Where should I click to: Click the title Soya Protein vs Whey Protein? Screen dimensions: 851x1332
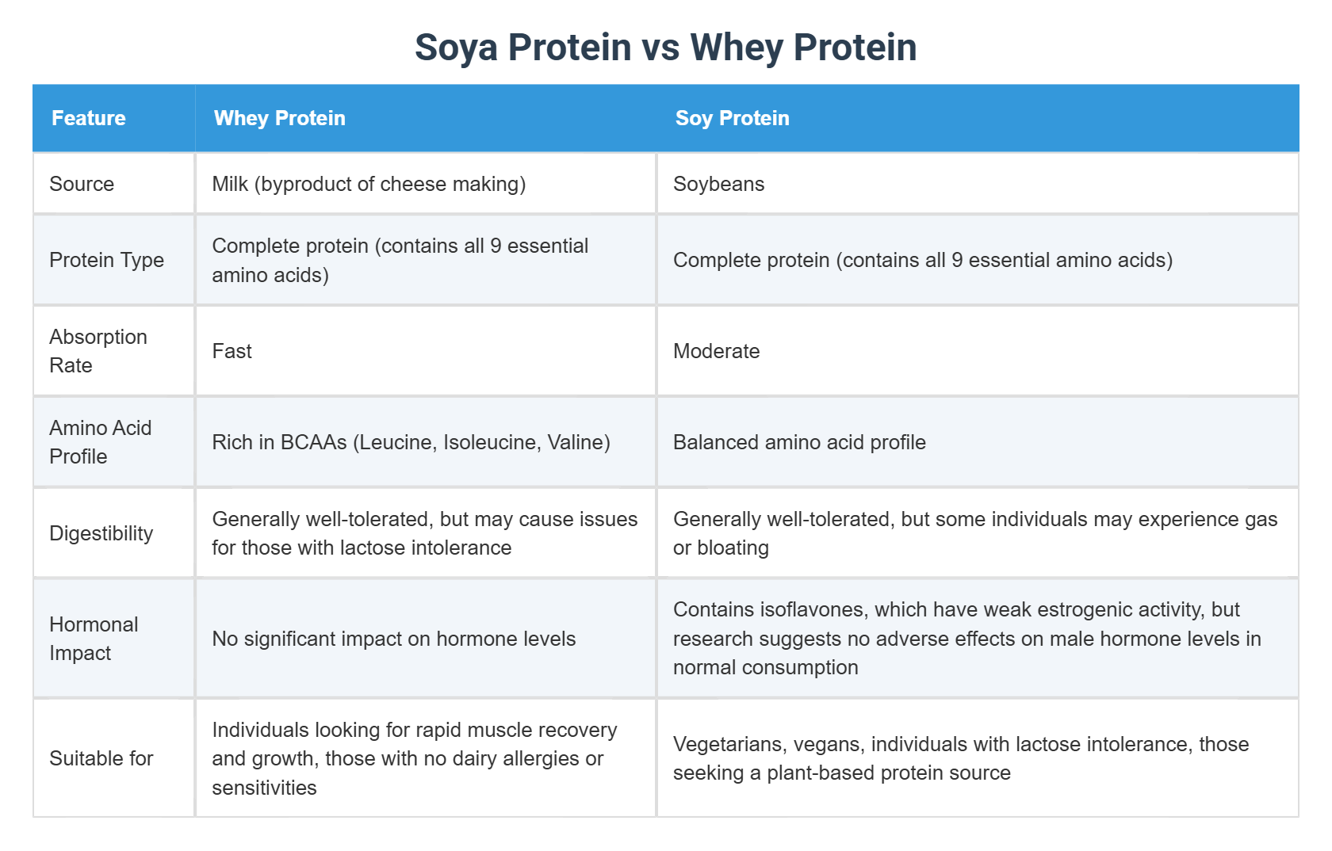coord(665,48)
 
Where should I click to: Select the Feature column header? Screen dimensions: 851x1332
coord(88,118)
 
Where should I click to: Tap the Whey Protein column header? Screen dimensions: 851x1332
coord(279,118)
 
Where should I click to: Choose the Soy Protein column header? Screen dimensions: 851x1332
coord(732,118)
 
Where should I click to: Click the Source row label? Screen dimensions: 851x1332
coord(82,184)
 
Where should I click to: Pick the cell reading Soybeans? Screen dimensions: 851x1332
coord(718,184)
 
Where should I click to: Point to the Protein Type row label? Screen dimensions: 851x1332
coord(106,260)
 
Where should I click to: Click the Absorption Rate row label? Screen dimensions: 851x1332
coord(98,351)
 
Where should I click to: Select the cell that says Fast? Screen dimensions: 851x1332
coord(232,351)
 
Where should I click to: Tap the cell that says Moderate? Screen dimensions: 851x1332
coord(716,351)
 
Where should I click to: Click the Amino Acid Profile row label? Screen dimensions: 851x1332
coord(100,442)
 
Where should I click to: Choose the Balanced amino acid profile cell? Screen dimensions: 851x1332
coord(799,442)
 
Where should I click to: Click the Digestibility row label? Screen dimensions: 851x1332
coord(101,533)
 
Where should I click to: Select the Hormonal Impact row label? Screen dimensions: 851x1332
coord(94,639)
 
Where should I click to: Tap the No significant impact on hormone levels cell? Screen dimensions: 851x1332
coord(393,639)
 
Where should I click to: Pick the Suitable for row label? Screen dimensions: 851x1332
coord(101,758)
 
